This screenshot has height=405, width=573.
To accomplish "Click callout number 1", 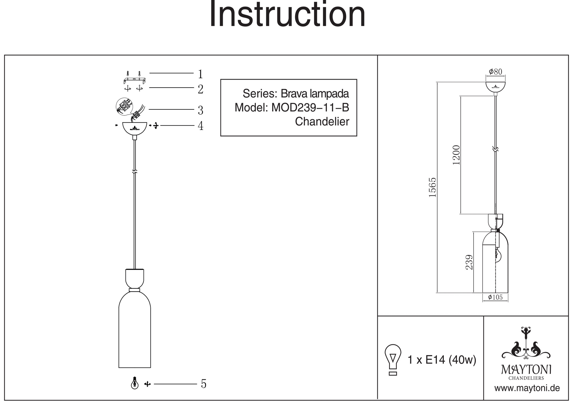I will [x=201, y=74].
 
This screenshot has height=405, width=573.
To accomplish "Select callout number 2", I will [x=201, y=89].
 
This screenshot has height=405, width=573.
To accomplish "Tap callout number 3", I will [x=201, y=110].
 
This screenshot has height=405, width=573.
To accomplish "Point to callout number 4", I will [x=201, y=126].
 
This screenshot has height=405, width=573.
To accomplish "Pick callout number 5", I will [x=204, y=384].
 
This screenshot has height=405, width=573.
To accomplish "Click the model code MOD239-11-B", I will [x=310, y=108].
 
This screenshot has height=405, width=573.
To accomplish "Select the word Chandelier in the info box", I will [x=322, y=122].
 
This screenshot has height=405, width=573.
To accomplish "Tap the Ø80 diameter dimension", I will [x=495, y=72].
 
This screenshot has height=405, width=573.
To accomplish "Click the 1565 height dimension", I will [x=432, y=187].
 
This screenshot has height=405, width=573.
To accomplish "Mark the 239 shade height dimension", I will [x=469, y=262].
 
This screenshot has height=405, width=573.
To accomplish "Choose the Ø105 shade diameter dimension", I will [x=495, y=297].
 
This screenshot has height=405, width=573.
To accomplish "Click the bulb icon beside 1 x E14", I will [x=393, y=359].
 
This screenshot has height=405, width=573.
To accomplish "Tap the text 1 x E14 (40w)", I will [x=442, y=360].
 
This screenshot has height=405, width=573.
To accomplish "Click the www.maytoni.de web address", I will [x=527, y=388].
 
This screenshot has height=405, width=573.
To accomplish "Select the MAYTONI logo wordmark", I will [x=526, y=370].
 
